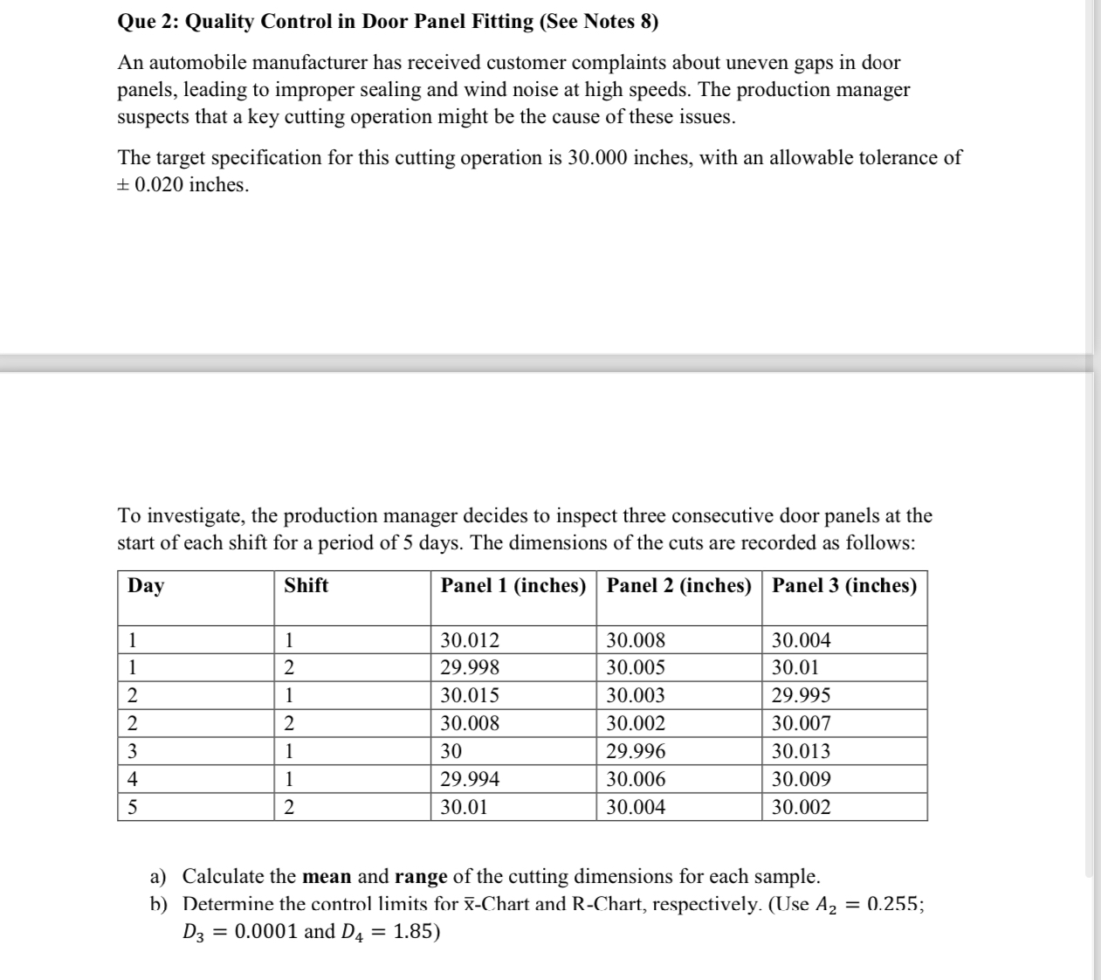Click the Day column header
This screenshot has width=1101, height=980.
(146, 586)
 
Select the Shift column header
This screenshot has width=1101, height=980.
(306, 586)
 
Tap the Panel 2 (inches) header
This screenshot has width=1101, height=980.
(678, 586)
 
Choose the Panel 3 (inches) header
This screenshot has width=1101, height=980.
(844, 586)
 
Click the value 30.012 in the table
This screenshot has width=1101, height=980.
(470, 640)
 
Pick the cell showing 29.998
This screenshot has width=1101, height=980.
(470, 668)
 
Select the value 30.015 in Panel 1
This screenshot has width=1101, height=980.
(470, 696)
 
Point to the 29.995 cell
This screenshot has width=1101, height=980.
(801, 696)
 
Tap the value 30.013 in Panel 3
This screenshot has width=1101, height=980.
(801, 751)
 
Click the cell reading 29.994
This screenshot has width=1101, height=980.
(470, 779)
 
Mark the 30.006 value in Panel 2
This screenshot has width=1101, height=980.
(636, 779)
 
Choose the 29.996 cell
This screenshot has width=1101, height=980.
(636, 751)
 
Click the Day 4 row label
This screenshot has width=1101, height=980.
(133, 779)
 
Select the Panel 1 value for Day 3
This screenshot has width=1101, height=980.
(451, 751)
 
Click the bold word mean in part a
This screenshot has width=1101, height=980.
(327, 876)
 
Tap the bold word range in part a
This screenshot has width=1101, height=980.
(421, 876)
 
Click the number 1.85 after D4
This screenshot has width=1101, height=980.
(412, 932)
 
